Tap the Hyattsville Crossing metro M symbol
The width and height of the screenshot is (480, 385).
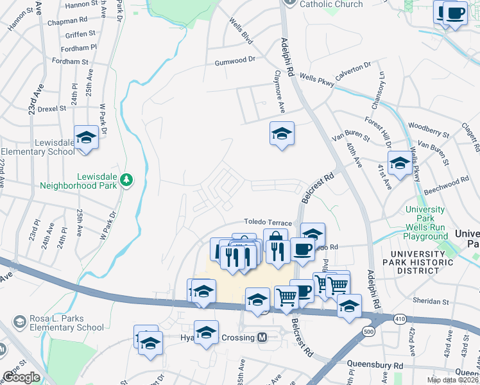(262, 337)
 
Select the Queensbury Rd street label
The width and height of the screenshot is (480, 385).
(375, 364)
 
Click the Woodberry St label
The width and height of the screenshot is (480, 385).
(428, 131)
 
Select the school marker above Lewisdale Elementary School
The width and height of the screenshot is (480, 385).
(85, 137)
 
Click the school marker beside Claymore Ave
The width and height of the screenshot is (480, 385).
(281, 133)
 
